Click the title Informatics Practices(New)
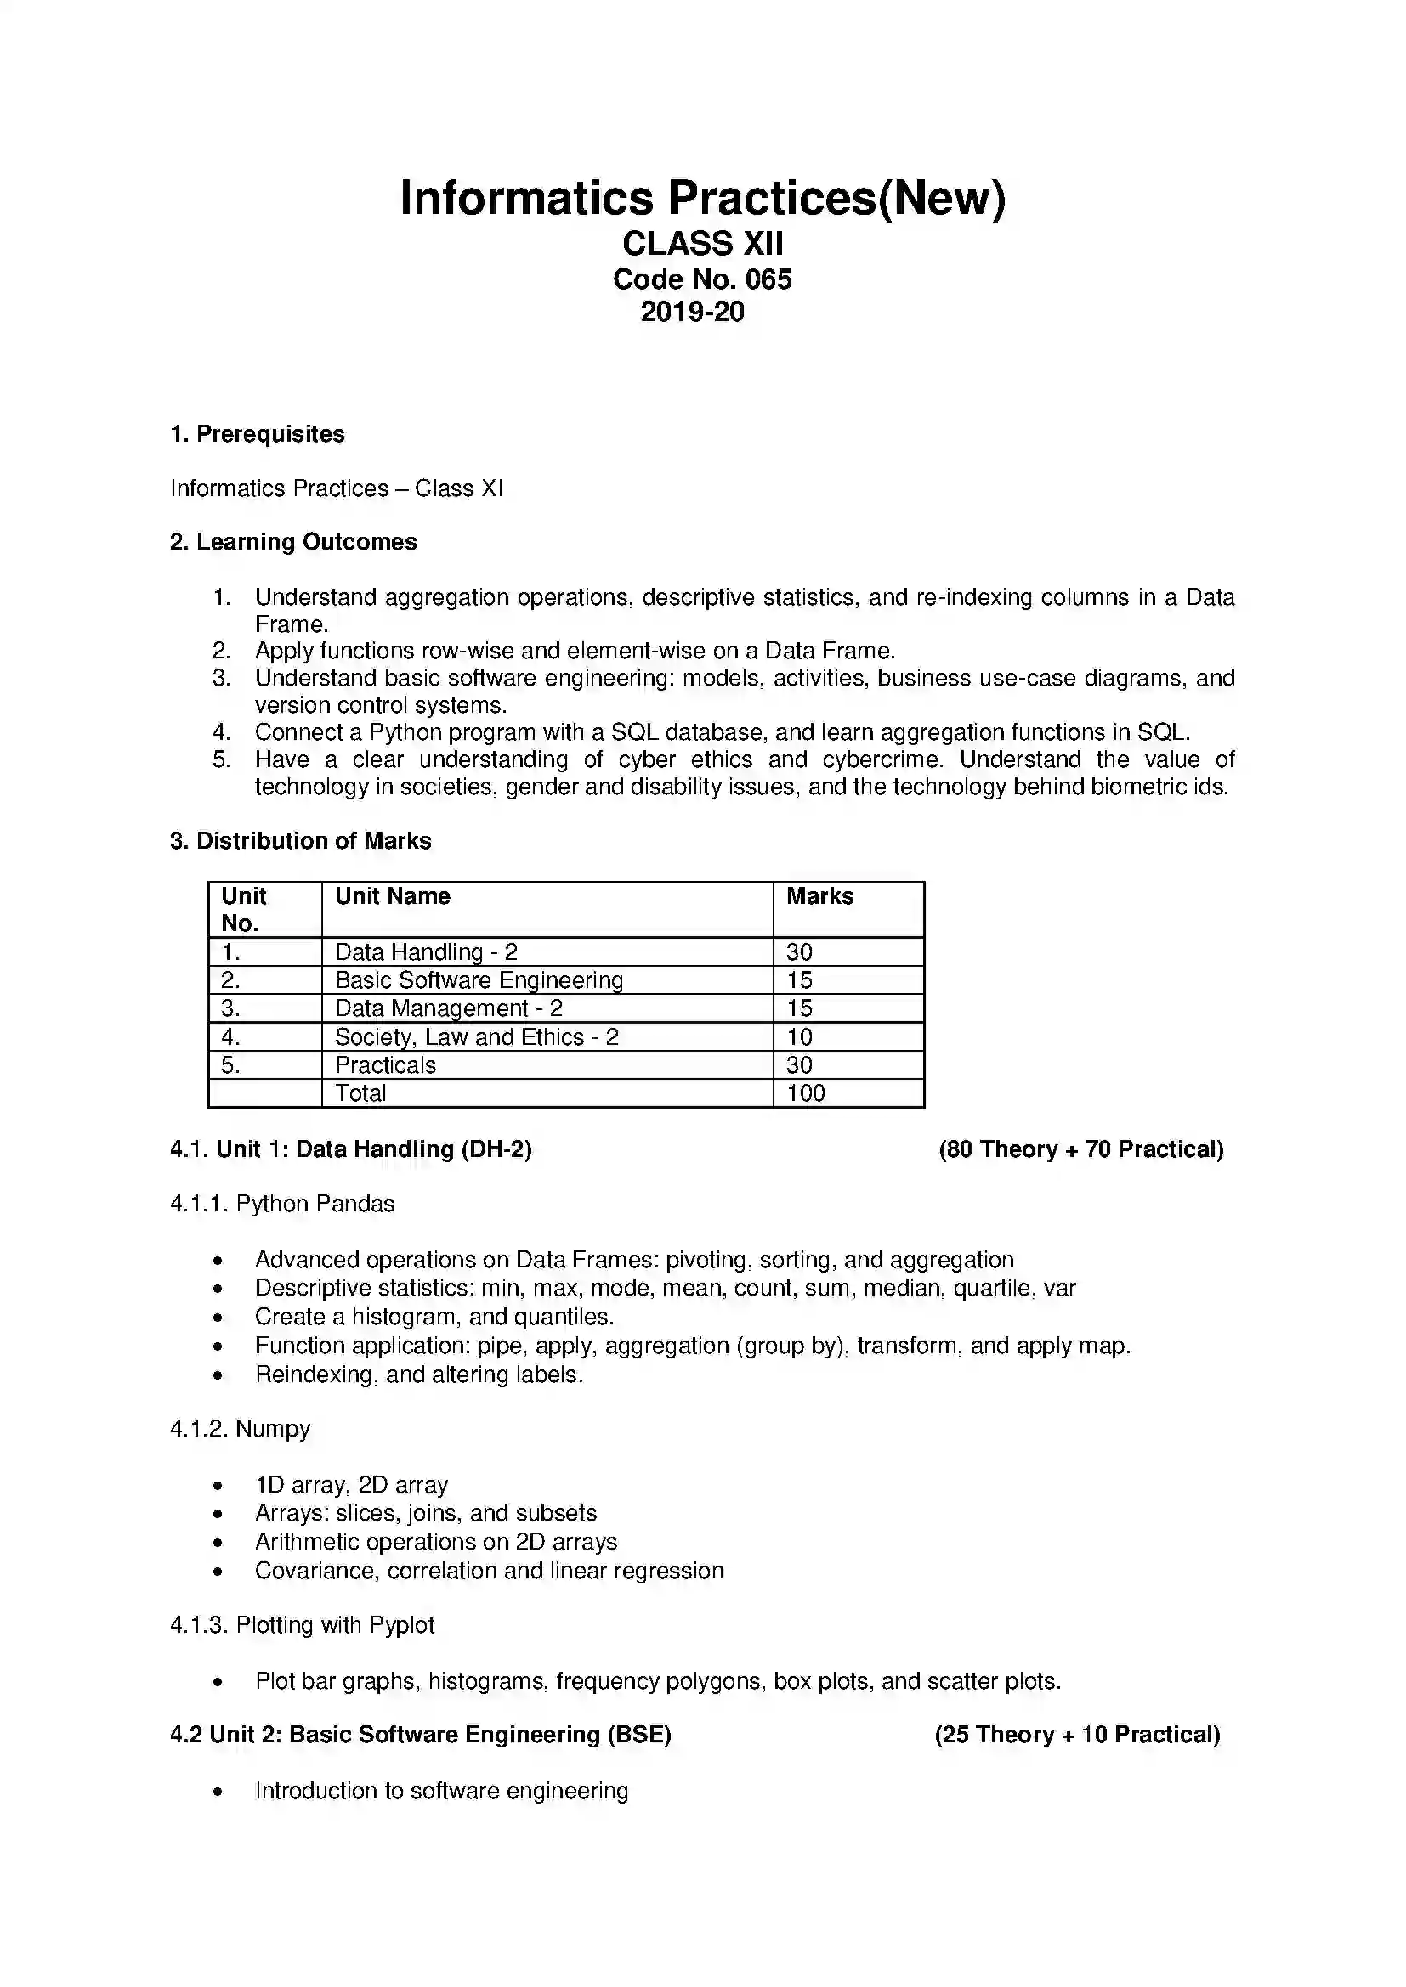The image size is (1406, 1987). point(702,198)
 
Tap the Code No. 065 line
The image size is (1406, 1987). point(702,279)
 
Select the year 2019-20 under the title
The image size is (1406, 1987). point(692,313)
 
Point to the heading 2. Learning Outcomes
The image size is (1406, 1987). point(293,543)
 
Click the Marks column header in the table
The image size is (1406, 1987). point(819,896)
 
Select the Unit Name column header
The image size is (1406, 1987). point(392,896)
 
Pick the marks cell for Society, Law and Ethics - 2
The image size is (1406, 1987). point(799,1036)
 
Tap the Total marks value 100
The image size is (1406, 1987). point(805,1093)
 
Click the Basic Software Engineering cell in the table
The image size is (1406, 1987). point(479,980)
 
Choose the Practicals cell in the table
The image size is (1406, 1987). point(385,1065)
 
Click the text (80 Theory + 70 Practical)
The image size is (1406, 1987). point(1080,1150)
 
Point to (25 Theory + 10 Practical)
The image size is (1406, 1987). point(1077,1736)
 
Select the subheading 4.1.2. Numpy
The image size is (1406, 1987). point(240,1429)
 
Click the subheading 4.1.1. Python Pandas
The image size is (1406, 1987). point(282,1205)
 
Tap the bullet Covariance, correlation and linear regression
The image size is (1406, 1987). point(489,1571)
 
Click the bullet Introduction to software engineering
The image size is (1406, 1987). point(441,1791)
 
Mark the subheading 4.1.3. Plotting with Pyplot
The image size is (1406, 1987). point(302,1625)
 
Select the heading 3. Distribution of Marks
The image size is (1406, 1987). point(300,841)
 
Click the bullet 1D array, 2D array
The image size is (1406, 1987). point(352,1485)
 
